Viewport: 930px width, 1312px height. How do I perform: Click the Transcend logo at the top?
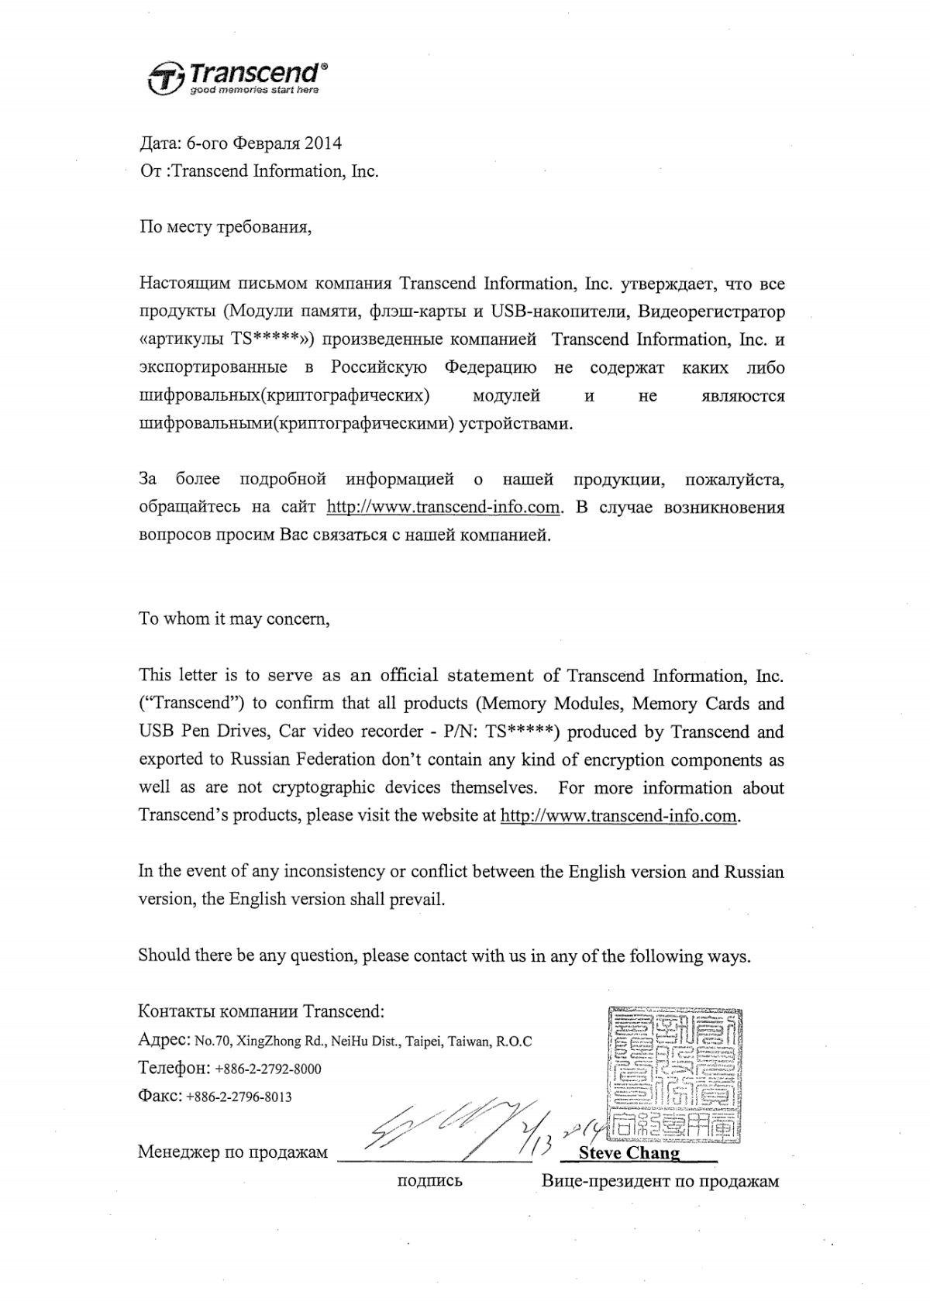pyautogui.click(x=237, y=77)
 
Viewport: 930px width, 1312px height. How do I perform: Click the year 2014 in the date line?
pyautogui.click(x=322, y=143)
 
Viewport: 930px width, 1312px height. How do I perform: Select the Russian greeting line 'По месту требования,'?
pyautogui.click(x=226, y=227)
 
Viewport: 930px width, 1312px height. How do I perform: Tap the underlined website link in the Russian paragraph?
pyautogui.click(x=443, y=507)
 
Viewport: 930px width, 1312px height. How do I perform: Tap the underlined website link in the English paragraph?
pyautogui.click(x=618, y=815)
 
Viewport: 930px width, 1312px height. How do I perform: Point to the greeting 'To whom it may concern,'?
pyautogui.click(x=234, y=618)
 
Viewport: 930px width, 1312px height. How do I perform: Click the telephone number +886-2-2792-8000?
pyautogui.click(x=268, y=1069)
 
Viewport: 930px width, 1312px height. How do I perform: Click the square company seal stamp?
pyautogui.click(x=673, y=1073)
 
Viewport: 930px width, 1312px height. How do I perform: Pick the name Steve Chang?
pyautogui.click(x=629, y=1152)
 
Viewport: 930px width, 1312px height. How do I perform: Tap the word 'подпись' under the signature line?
pyautogui.click(x=429, y=1181)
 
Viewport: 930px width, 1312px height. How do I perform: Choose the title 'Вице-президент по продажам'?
pyautogui.click(x=660, y=1181)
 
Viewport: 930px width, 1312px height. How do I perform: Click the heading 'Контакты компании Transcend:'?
pyautogui.click(x=260, y=1011)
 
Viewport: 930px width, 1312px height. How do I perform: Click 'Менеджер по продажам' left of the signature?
pyautogui.click(x=232, y=1152)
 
